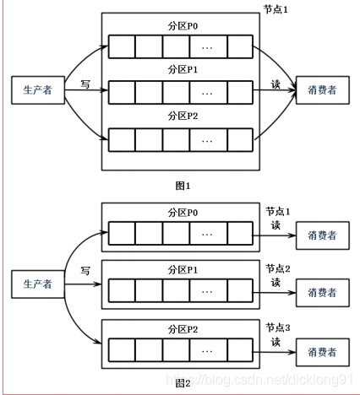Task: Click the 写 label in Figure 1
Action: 85,84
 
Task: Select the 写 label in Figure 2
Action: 85,271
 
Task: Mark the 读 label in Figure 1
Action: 275,84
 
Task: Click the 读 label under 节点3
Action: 275,342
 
